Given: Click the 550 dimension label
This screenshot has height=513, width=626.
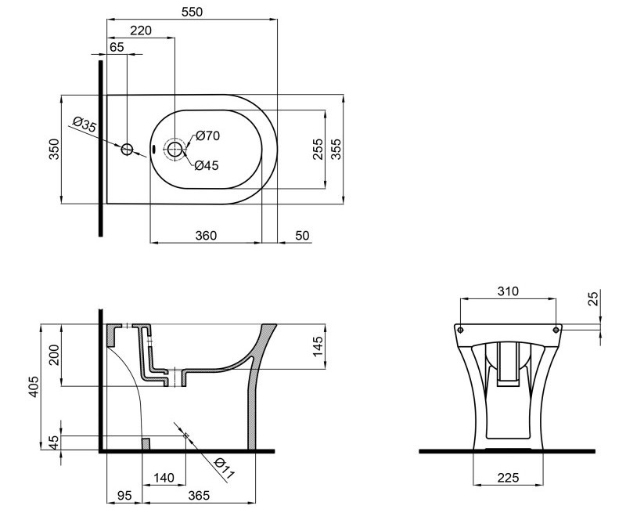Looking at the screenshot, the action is pyautogui.click(x=192, y=12).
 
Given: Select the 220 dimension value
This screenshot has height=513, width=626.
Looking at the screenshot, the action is pyautogui.click(x=141, y=31).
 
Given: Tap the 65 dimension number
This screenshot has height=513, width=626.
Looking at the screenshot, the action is pyautogui.click(x=117, y=47).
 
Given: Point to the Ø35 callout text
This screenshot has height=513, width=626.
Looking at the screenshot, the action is pyautogui.click(x=85, y=125).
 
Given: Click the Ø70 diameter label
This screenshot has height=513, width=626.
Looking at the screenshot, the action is pyautogui.click(x=207, y=135).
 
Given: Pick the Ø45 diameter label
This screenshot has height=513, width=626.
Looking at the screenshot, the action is pyautogui.click(x=207, y=165).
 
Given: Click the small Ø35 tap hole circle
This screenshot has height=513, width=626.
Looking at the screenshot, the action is pyautogui.click(x=127, y=150).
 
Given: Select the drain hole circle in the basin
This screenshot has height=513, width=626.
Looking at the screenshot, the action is pyautogui.click(x=174, y=150).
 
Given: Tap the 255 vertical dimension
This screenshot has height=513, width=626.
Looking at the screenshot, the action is pyautogui.click(x=318, y=149).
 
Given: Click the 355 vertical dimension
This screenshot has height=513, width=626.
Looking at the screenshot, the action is pyautogui.click(x=336, y=149).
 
